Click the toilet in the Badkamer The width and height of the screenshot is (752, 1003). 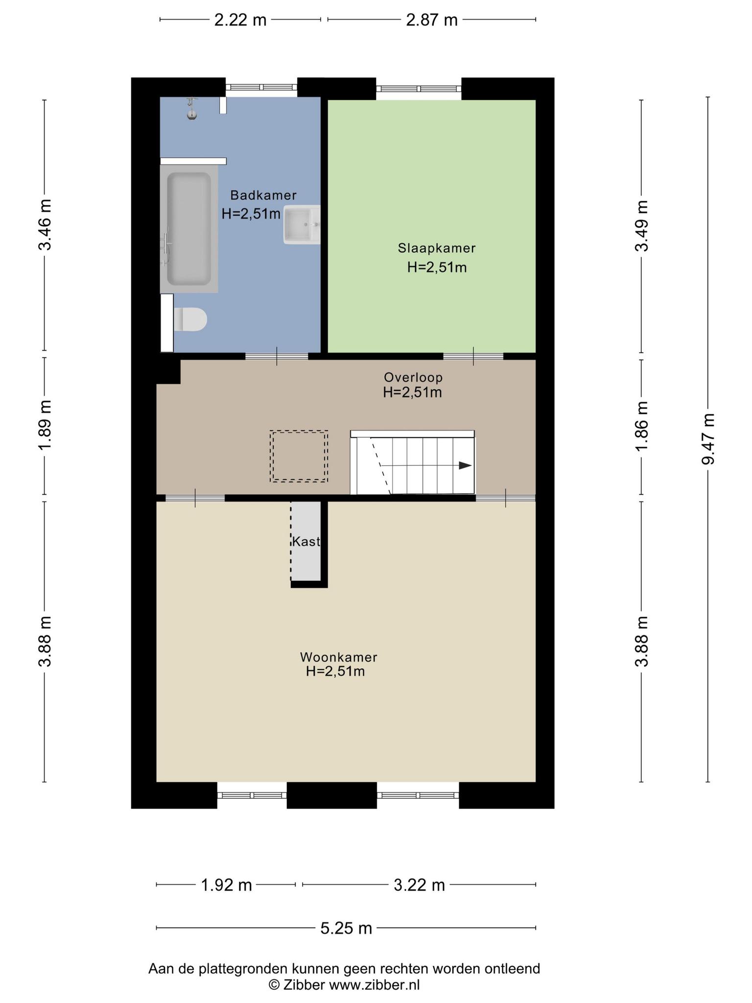click(x=190, y=319)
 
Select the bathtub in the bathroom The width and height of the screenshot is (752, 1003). click(x=189, y=229)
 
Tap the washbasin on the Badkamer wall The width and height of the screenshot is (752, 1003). click(x=302, y=225)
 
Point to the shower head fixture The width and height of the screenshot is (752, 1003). click(x=192, y=109)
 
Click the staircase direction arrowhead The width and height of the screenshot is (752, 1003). click(x=465, y=466)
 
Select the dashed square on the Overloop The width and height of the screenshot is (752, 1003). click(x=299, y=456)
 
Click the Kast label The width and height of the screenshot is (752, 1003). click(x=306, y=542)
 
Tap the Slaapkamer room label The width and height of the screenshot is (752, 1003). click(x=437, y=248)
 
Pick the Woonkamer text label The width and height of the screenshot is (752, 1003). click(x=339, y=657)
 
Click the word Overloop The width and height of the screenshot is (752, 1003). click(x=413, y=378)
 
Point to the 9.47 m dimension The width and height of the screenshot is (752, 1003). click(x=708, y=439)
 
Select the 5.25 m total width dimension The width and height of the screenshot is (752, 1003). click(x=346, y=928)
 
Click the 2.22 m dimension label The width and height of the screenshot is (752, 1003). click(x=240, y=20)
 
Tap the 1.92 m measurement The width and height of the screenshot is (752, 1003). click(x=226, y=885)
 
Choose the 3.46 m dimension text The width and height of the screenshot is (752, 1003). click(x=45, y=225)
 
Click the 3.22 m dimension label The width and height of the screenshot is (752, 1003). click(x=419, y=885)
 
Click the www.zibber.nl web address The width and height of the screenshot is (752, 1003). click(x=374, y=984)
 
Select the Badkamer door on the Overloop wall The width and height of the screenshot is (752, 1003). click(x=277, y=356)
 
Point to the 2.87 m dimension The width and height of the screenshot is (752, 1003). click(x=432, y=20)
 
